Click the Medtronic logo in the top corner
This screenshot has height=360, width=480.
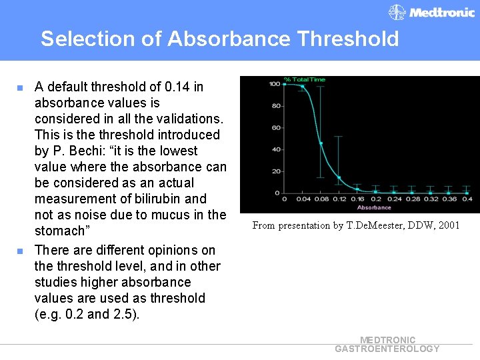point(432,13)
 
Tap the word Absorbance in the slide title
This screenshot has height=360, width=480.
point(229,39)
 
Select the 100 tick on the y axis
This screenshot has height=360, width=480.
point(274,84)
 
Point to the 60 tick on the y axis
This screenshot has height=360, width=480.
point(275,128)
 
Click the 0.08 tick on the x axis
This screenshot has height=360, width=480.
point(321,199)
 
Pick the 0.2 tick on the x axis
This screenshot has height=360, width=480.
point(376,199)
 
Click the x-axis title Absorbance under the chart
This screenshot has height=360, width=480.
point(374,207)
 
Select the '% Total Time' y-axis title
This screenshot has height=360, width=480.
point(305,79)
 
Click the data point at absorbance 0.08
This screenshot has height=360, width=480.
point(321,143)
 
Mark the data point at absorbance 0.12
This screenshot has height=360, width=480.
point(339,177)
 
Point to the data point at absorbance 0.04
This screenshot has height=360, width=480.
point(303,86)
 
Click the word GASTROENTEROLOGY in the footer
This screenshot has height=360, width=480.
point(387,349)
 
